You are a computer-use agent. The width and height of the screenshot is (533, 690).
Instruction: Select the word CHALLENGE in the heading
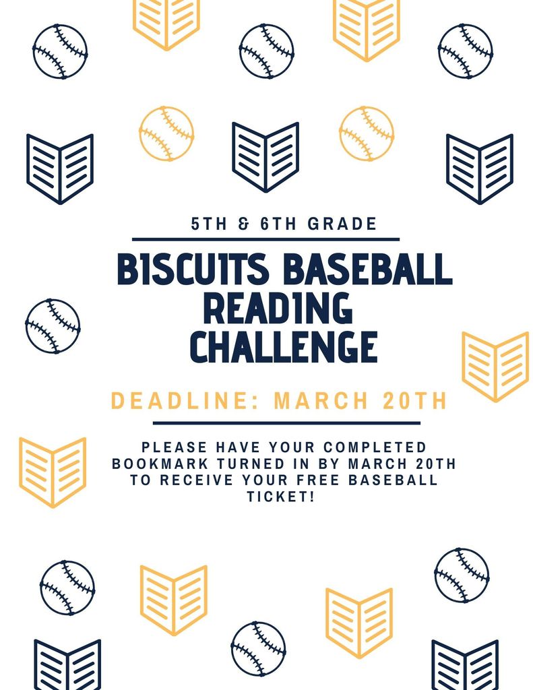284,347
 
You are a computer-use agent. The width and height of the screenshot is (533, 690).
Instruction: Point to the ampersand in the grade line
243,224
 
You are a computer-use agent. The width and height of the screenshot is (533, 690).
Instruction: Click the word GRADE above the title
342,224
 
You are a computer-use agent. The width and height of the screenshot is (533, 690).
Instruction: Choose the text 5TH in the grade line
209,224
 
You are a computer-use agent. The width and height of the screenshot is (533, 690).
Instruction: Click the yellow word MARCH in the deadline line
321,400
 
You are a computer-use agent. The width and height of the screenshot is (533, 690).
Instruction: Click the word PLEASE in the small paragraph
175,447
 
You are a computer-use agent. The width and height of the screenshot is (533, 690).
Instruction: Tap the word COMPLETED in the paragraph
375,447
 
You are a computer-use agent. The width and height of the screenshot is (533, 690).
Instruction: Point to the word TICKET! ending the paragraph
281,497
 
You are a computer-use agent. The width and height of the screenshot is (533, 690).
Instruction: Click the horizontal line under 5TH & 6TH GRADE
266,239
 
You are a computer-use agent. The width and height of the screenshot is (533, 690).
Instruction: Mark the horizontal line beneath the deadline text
286,423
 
